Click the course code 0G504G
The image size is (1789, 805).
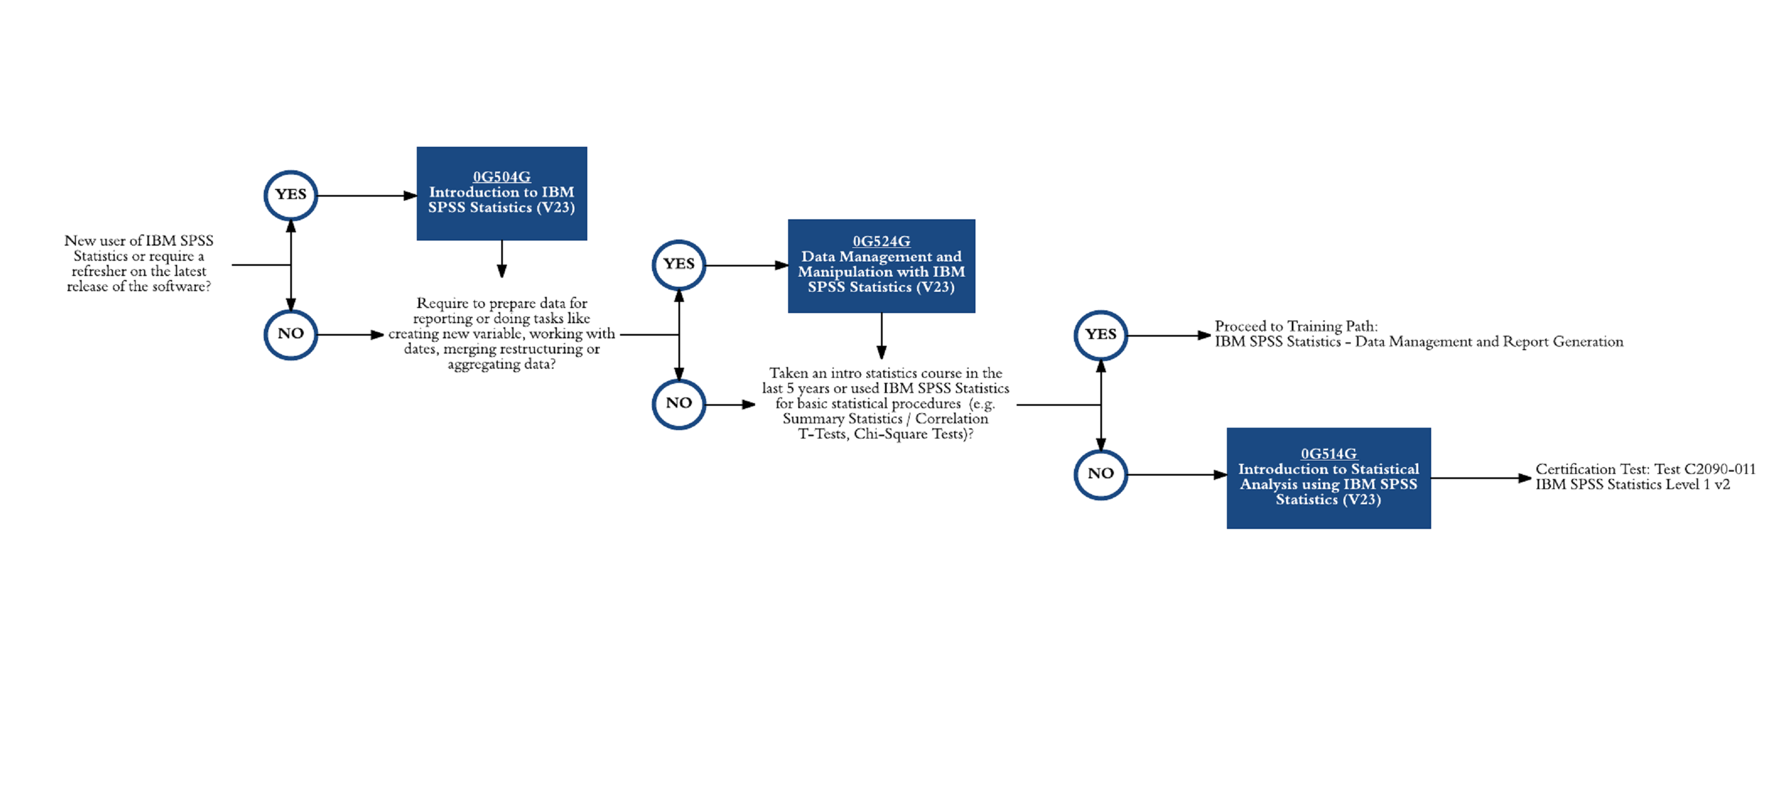[501, 177]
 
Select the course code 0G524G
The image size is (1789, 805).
[882, 242]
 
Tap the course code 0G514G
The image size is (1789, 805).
[1329, 454]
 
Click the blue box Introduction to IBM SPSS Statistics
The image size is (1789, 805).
[501, 193]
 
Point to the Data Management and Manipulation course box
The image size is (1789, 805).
[882, 266]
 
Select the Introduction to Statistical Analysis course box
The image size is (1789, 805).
[1329, 478]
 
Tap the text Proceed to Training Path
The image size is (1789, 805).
[1296, 326]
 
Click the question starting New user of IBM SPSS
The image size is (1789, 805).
[139, 264]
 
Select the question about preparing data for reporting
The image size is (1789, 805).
[501, 334]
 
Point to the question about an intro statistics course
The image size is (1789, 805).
[885, 403]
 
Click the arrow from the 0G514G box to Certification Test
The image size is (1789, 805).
[1481, 478]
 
